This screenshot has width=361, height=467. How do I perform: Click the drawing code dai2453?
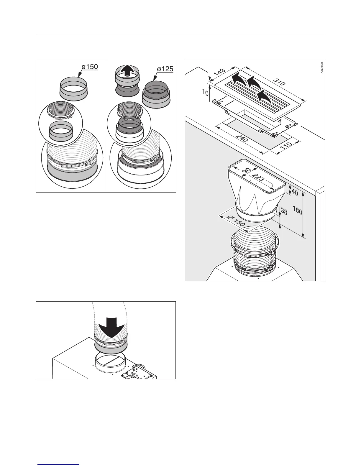click(322, 68)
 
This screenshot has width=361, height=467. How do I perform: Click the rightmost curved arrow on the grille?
click(265, 96)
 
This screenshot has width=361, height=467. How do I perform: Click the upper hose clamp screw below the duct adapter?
click(270, 253)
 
